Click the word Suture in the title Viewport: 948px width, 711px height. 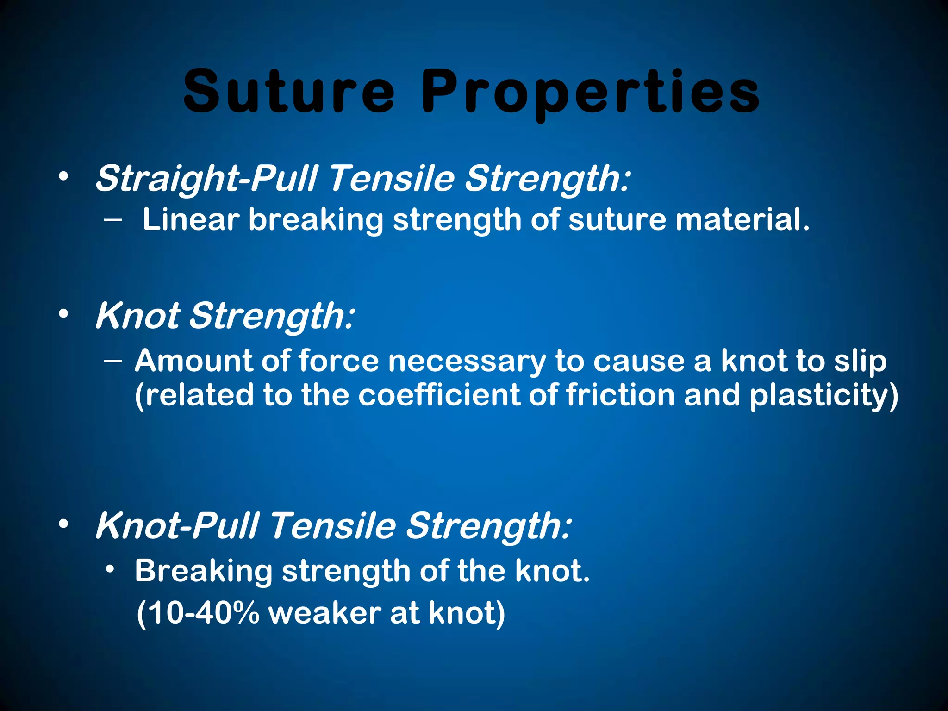289,91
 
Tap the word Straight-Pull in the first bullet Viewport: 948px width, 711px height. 206,179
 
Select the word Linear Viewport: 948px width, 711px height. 190,219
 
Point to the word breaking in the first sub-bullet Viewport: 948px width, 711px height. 316,220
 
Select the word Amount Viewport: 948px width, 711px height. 193,361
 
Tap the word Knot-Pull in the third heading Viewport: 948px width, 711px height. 176,526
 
